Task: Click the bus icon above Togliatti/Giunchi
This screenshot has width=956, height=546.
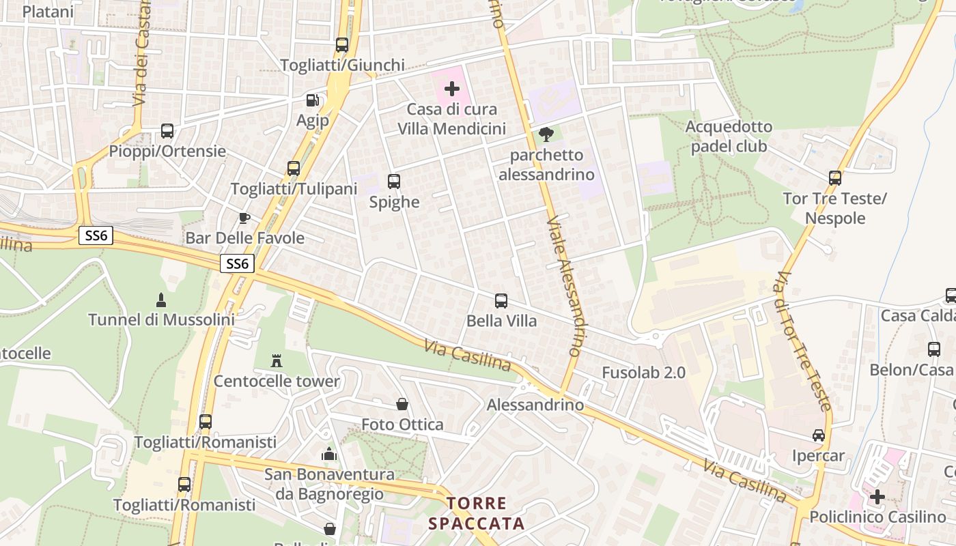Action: (342, 45)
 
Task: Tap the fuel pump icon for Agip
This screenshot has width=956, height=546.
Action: (312, 100)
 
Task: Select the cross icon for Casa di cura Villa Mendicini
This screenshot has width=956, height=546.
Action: (451, 89)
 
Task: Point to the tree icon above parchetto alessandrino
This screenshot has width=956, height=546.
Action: (546, 134)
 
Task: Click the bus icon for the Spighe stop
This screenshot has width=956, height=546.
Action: (394, 182)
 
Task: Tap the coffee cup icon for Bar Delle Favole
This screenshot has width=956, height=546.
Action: (244, 218)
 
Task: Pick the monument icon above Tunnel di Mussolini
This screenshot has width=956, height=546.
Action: (161, 299)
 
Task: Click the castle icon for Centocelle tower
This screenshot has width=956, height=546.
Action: (277, 360)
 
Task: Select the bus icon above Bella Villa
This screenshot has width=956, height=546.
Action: (501, 300)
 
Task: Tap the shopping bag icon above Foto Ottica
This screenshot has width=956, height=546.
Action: (402, 404)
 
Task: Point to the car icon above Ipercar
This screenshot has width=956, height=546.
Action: (818, 435)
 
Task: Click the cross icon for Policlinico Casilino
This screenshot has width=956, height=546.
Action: (877, 497)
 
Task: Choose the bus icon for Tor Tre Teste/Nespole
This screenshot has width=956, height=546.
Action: (834, 178)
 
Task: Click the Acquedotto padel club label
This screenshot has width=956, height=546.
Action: (729, 136)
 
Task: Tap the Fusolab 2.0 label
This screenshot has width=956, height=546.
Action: (643, 373)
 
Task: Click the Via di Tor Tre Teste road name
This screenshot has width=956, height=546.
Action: (803, 341)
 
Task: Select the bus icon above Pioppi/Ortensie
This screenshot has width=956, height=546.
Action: (167, 130)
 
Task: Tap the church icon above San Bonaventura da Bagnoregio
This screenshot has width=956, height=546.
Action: (329, 453)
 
